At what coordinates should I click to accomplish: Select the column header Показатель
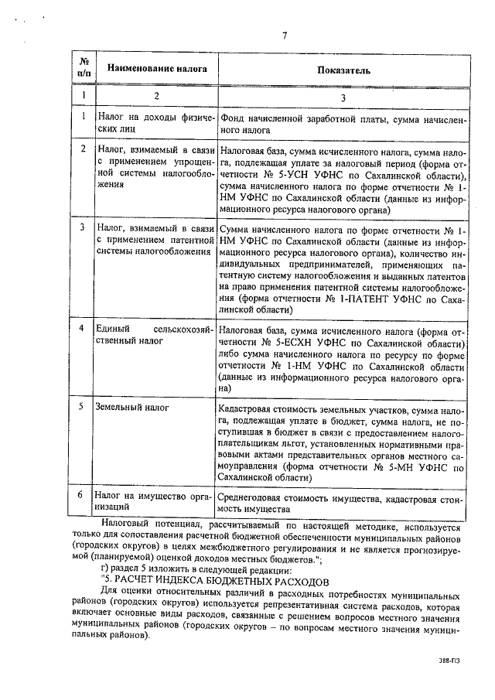[343, 70]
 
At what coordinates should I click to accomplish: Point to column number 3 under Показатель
[343, 97]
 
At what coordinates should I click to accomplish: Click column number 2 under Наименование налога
[156, 97]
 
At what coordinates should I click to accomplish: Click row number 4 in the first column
[83, 329]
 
